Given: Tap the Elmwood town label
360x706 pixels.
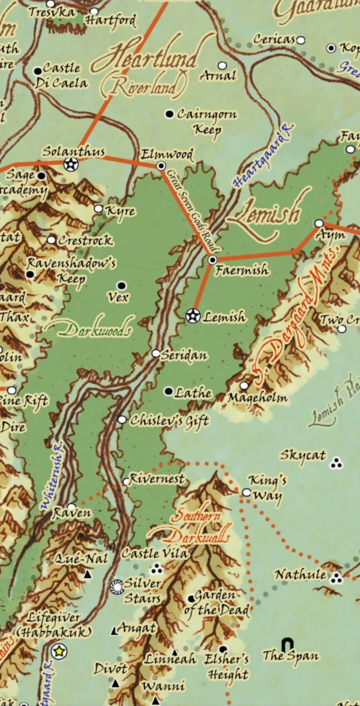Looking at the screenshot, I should coord(167,155).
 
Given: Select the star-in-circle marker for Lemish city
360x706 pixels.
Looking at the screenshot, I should coord(193,316).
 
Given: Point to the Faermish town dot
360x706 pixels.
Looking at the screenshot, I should coord(213,260).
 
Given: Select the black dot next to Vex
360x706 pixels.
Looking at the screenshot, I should coord(122,286).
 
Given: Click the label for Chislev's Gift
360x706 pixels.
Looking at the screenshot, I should coord(169,420).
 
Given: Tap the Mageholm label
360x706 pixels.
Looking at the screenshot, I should coord(258,398).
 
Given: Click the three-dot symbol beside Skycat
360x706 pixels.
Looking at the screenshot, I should coord(336,463).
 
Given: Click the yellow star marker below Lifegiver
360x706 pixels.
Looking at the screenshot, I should coord(59,652).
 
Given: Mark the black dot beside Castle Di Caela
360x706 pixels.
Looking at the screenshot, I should coord(37,71).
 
